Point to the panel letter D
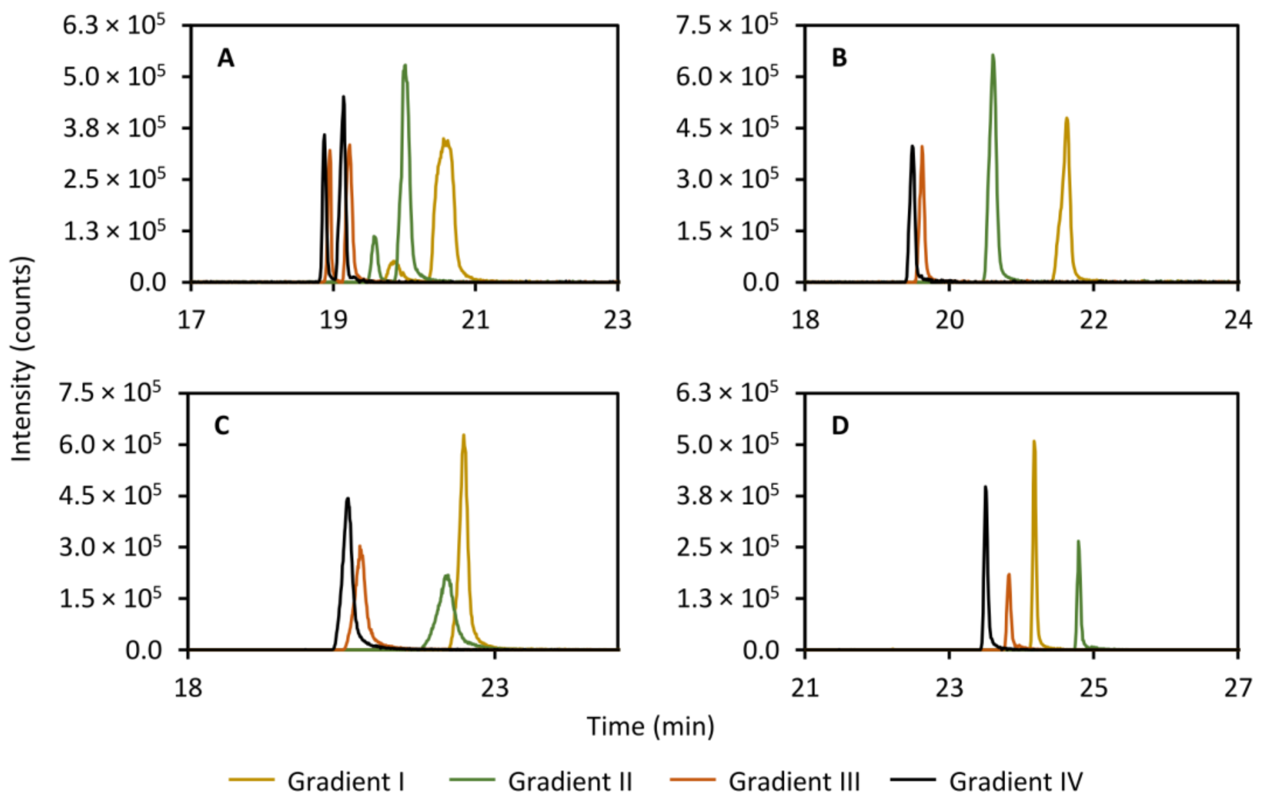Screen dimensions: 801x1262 click(840, 426)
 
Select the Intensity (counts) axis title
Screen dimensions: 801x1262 click(22, 359)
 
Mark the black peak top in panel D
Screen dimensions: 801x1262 click(985, 487)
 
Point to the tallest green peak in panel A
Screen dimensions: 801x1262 click(405, 65)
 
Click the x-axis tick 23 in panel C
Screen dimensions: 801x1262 click(495, 688)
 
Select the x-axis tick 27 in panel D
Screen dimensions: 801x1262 click(1238, 688)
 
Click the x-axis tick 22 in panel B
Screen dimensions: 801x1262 click(1094, 320)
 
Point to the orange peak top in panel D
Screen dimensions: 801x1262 click(1008, 574)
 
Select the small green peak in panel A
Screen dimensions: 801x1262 click(374, 237)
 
